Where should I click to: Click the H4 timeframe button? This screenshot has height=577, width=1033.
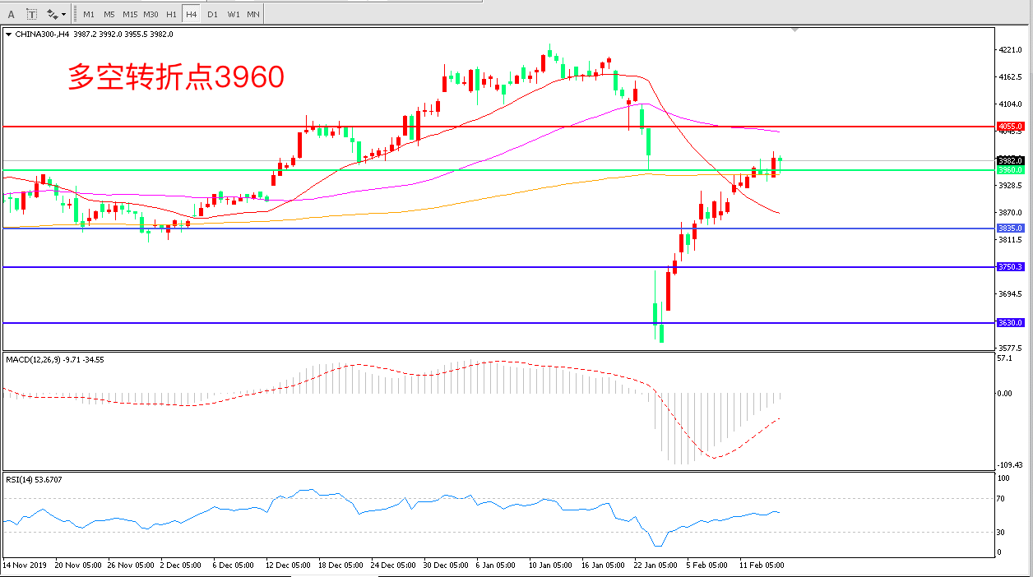(x=191, y=14)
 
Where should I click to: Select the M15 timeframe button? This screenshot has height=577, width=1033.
(x=130, y=14)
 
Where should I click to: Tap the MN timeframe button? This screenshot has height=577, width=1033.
(x=253, y=14)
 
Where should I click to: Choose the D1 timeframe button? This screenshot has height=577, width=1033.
(x=212, y=14)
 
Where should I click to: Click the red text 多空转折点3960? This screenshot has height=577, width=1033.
(x=175, y=77)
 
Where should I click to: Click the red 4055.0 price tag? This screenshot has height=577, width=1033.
(x=1010, y=126)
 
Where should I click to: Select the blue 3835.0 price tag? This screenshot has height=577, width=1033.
(x=1010, y=228)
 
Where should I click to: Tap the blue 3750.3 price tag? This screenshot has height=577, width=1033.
(x=1010, y=267)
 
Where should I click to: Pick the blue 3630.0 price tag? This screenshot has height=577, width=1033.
(x=1010, y=323)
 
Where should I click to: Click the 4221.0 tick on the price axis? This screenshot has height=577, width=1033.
(x=1010, y=50)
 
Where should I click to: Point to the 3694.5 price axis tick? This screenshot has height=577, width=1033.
(x=1010, y=294)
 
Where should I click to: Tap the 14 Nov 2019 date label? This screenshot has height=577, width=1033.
(x=25, y=565)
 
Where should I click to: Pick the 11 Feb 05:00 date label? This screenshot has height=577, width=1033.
(x=762, y=565)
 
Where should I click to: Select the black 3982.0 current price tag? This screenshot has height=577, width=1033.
(x=1010, y=160)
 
